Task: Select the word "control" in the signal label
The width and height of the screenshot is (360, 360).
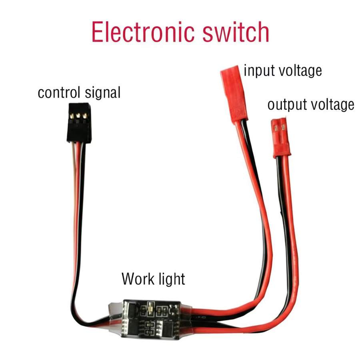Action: (59, 92)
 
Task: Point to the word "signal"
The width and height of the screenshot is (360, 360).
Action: (102, 93)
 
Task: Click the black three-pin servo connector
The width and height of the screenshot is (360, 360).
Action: (79, 123)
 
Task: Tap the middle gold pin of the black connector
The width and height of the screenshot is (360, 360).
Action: (78, 116)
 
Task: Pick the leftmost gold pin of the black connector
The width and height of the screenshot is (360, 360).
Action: (72, 116)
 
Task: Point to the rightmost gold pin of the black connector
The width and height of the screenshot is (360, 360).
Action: (85, 116)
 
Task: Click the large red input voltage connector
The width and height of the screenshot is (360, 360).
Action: (234, 94)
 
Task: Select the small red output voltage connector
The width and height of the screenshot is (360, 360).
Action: (280, 137)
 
